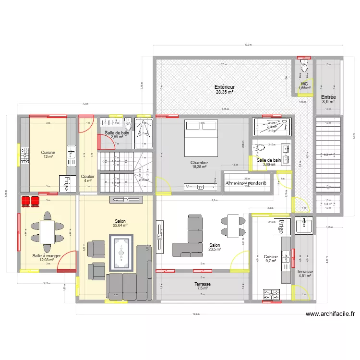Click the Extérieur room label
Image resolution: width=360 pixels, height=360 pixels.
pos(224,87)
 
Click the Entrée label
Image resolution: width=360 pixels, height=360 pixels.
pos(328,96)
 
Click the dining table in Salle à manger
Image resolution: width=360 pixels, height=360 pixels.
pos(47,232)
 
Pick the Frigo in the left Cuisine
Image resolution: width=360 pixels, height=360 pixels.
pos(64,183)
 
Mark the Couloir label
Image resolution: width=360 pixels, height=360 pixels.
pos(88,176)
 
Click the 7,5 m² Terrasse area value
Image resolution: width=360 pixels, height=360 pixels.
pos(202,288)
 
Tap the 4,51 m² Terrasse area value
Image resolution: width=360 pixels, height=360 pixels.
pos(305,276)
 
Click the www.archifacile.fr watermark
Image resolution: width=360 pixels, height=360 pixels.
pos(330,314)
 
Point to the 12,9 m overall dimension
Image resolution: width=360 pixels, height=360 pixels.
pos(195,314)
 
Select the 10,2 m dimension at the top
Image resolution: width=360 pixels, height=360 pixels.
pos(248,45)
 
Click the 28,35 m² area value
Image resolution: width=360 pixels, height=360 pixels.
pos(224,92)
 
